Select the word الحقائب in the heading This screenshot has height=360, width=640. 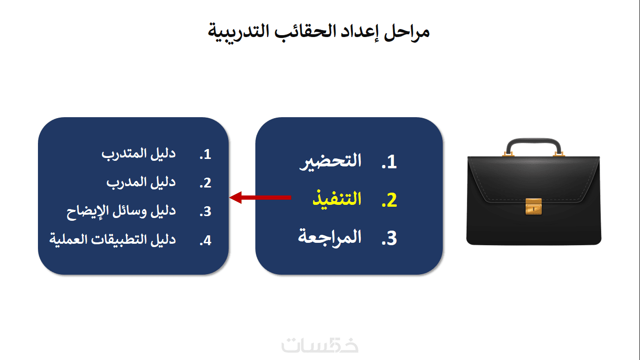(x=305, y=31)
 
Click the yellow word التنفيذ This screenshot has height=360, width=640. (x=337, y=199)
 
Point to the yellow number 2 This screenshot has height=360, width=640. (x=389, y=200)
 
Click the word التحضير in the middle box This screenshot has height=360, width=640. (x=330, y=161)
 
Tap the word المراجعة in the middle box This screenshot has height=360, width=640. (x=330, y=237)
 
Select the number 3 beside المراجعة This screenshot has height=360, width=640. (x=389, y=238)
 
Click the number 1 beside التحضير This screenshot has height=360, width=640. (x=389, y=162)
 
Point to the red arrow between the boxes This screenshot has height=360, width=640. (x=260, y=197)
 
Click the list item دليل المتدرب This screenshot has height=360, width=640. (x=139, y=154)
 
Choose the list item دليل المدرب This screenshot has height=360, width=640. (x=141, y=182)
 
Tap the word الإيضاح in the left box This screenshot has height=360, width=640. (x=85, y=211)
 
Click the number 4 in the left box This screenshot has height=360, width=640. (x=205, y=240)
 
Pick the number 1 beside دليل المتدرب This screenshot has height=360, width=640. (x=205, y=154)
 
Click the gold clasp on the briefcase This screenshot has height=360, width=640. (x=534, y=206)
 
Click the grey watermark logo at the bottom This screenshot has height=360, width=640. (x=320, y=345)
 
